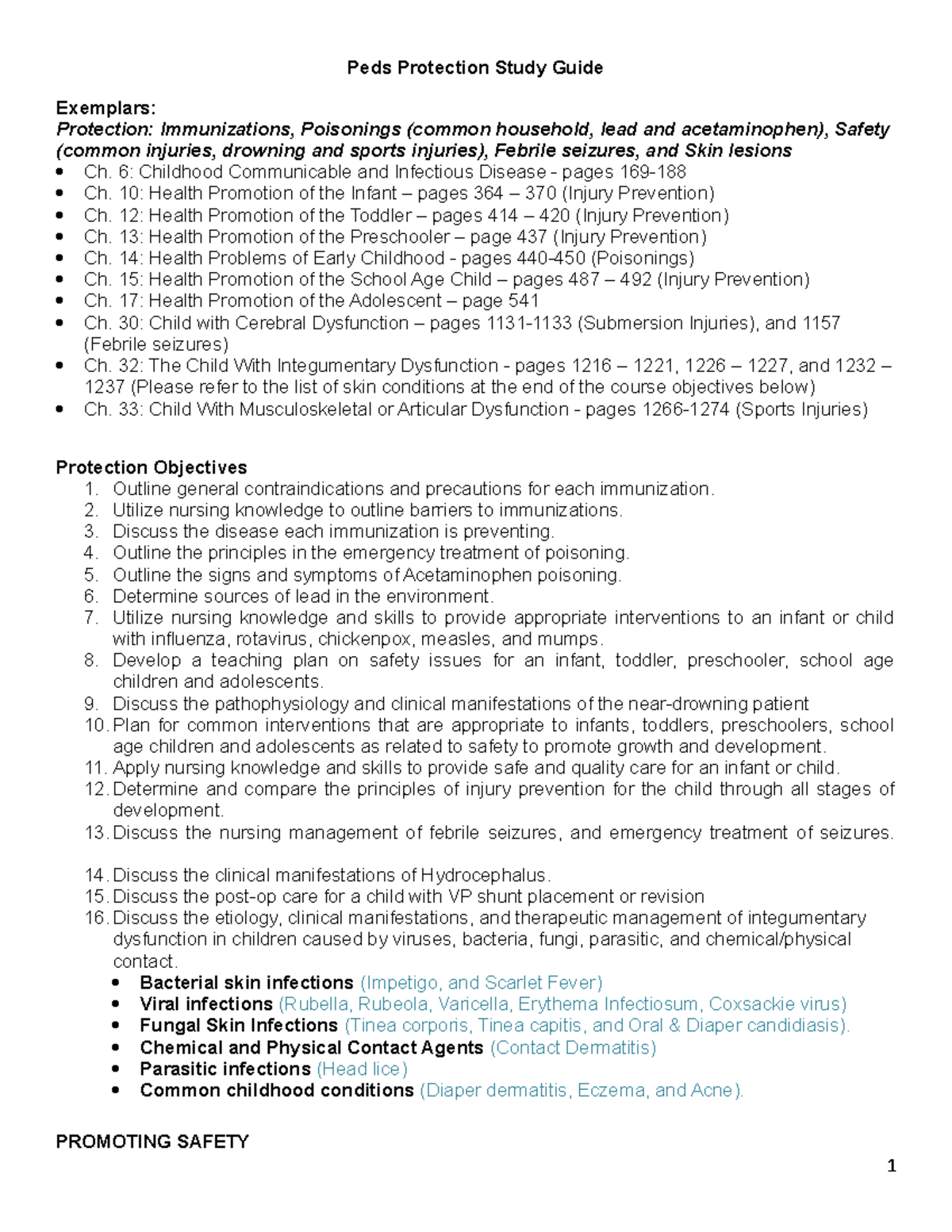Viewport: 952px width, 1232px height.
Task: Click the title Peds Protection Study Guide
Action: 474,68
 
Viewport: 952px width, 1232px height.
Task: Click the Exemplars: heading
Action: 106,108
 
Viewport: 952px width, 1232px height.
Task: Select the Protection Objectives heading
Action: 151,467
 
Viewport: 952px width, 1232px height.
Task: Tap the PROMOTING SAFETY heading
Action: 152,1142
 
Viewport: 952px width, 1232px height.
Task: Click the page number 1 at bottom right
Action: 892,1165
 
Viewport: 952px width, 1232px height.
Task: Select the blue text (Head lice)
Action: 362,1069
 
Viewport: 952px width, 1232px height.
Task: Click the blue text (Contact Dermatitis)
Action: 573,1048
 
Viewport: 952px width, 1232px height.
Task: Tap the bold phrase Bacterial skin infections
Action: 246,983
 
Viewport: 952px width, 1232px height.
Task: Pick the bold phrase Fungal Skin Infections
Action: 239,1026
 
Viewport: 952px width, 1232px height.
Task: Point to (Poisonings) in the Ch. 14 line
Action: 643,258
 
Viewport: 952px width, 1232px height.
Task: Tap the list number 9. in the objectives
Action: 91,704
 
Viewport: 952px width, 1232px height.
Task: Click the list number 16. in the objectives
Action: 95,918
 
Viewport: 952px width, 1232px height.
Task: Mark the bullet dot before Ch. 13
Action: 61,237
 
